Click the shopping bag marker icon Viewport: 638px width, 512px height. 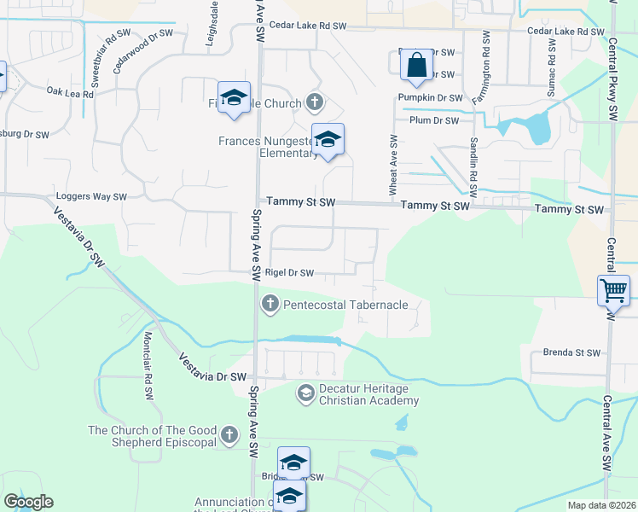415,65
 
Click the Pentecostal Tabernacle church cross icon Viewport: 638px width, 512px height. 270,305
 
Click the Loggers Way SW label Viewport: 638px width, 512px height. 92,196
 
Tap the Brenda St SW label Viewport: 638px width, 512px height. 571,352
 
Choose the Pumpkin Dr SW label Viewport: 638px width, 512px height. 430,98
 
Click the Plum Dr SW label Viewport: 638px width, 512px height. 434,120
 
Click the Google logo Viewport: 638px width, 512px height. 28,502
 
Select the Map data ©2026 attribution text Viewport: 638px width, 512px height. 601,505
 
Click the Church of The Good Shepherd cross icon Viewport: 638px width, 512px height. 228,436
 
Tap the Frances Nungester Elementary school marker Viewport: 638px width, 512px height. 328,140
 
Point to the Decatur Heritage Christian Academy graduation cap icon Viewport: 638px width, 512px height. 305,393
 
